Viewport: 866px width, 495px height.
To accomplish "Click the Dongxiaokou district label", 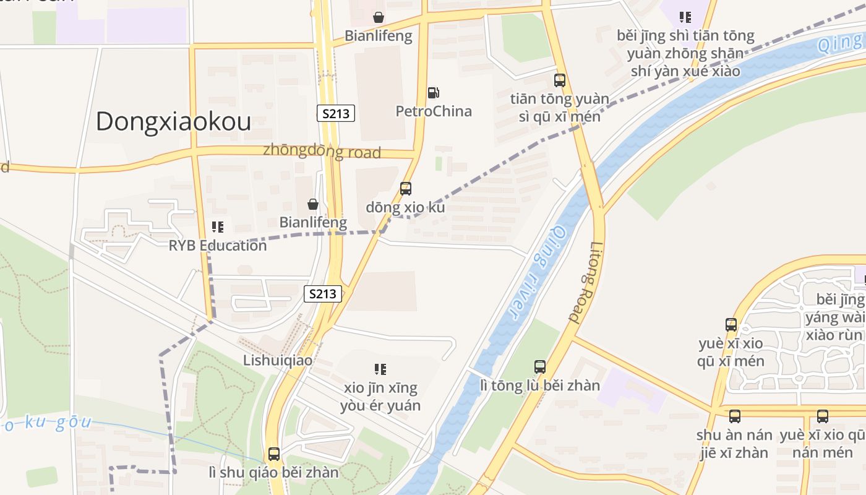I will [x=173, y=121].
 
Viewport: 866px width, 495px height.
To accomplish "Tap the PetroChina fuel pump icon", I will [x=434, y=93].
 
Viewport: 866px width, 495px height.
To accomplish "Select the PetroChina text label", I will [x=434, y=111].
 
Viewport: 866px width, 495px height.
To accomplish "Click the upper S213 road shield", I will [x=337, y=113].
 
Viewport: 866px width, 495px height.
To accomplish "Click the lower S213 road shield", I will [x=323, y=294].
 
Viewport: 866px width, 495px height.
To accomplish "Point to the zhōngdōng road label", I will [x=322, y=151].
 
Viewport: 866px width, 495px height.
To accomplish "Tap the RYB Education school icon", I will [x=217, y=227].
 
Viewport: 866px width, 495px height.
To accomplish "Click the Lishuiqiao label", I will [x=278, y=360].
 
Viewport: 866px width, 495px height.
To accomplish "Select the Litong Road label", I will [x=586, y=283].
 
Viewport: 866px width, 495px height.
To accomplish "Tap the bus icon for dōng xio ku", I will [x=406, y=189].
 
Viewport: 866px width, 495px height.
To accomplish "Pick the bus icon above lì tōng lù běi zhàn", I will [x=540, y=367].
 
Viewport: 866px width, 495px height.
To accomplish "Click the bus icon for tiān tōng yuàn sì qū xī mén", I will [x=560, y=80].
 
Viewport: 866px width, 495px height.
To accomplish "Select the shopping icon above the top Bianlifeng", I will [x=378, y=17].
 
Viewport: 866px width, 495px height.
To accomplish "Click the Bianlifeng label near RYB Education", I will [x=313, y=222].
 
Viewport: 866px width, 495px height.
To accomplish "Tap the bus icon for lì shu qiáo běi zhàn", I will [x=274, y=454].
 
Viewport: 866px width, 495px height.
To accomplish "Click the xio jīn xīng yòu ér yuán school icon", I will [x=380, y=369].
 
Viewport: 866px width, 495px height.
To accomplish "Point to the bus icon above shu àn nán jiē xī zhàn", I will [x=735, y=416].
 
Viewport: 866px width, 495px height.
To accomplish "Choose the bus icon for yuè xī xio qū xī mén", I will [x=731, y=325].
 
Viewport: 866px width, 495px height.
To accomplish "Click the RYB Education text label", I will [x=218, y=246].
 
